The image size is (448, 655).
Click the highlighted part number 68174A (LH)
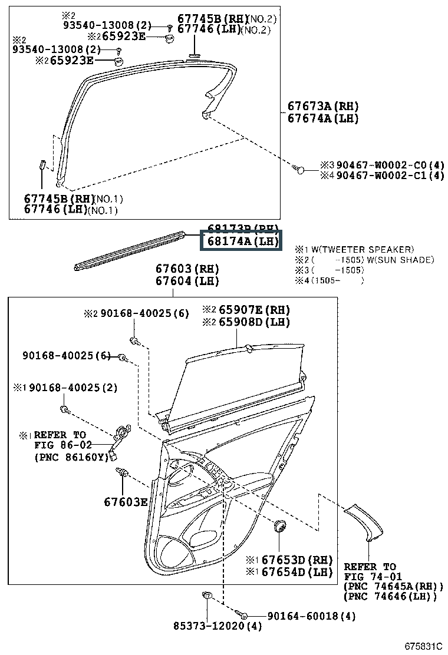(241, 242)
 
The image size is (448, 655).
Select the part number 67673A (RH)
(322, 107)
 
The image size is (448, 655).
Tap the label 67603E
(126, 502)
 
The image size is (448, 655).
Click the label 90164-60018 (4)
(311, 616)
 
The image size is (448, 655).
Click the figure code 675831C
(423, 646)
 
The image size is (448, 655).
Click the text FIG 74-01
(370, 577)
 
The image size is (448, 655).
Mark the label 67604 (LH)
(187, 281)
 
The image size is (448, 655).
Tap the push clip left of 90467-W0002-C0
(299, 170)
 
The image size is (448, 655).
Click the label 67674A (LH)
(322, 119)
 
